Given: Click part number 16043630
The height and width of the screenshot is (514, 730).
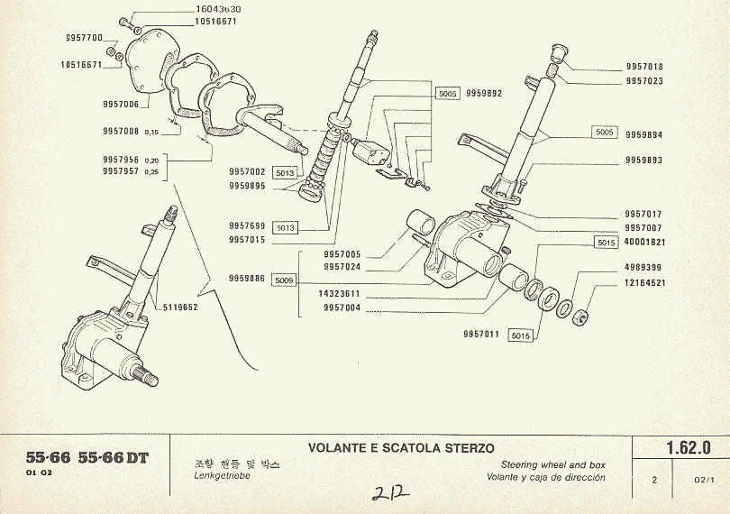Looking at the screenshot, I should coord(216,9).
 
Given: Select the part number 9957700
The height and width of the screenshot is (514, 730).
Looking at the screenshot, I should coord(85,37).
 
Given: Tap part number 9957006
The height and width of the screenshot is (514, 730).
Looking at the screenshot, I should coord(121,105).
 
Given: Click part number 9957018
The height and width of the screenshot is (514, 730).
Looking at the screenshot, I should coord(644,67).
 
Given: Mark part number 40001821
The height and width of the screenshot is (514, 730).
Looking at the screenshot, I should coord(644,243).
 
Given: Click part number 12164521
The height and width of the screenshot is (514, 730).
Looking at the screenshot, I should coord(644,283).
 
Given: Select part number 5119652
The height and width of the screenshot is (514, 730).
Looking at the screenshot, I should coord(181,307).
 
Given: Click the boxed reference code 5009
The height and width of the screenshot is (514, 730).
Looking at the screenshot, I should coord(285,280).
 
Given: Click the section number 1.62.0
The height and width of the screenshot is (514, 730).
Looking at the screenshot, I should coord(689,447).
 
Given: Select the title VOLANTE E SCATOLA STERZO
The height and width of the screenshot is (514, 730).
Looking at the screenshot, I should coord(401,447).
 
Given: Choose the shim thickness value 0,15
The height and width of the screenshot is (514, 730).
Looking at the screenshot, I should coord(151,132).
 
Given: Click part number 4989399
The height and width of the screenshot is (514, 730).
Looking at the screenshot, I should coord(644,268).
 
